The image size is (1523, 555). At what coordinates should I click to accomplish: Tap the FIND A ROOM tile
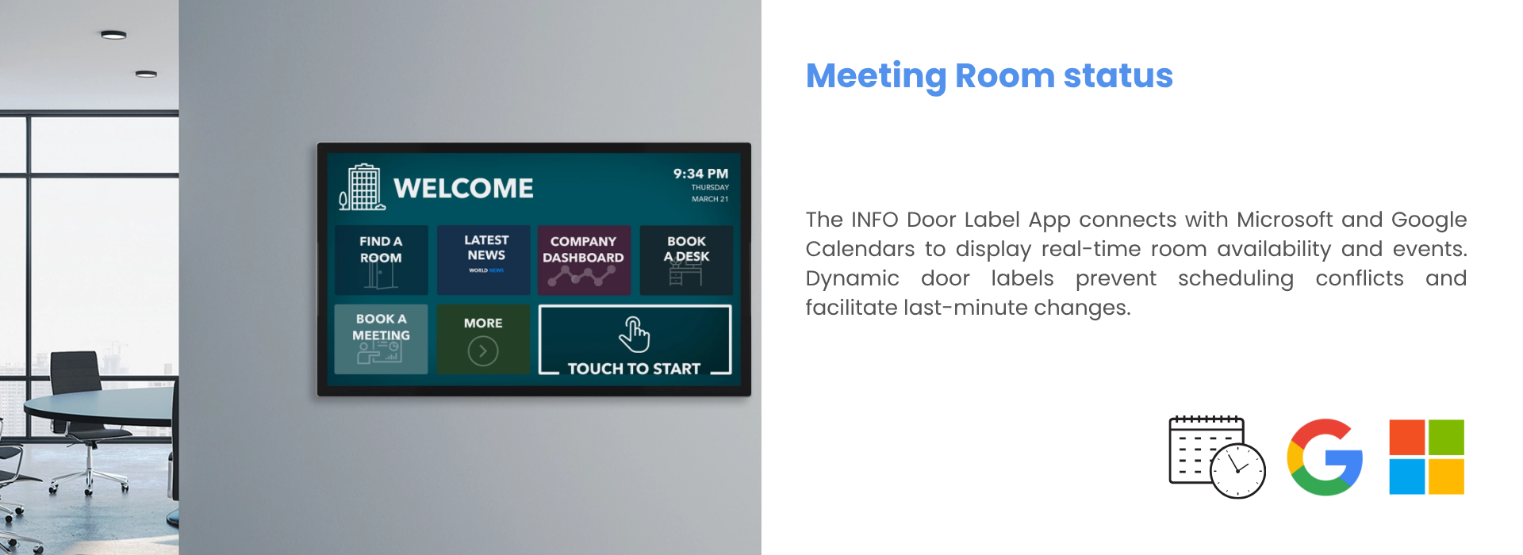click(381, 260)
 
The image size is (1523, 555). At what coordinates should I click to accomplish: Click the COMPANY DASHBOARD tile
click(584, 260)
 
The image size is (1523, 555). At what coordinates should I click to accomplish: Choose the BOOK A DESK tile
click(686, 260)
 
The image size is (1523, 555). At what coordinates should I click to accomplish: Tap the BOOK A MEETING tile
click(381, 339)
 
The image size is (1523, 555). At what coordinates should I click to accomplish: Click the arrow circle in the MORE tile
click(483, 350)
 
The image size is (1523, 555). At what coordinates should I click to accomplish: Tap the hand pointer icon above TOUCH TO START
click(635, 334)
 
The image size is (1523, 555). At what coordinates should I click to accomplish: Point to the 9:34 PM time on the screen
click(700, 174)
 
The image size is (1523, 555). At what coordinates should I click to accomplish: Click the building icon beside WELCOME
click(363, 187)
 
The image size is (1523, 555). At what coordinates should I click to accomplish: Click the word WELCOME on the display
click(464, 189)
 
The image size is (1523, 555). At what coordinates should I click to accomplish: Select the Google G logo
click(1325, 457)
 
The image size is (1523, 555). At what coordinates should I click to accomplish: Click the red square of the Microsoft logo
click(1407, 438)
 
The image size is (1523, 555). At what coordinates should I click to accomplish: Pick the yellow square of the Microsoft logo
click(1446, 477)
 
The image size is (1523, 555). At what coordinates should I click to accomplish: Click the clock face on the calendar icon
click(1237, 471)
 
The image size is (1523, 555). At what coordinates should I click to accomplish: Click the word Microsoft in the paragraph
click(1284, 220)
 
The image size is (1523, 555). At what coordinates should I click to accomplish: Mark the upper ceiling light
click(113, 35)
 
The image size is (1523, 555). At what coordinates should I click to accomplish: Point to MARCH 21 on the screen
click(710, 199)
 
